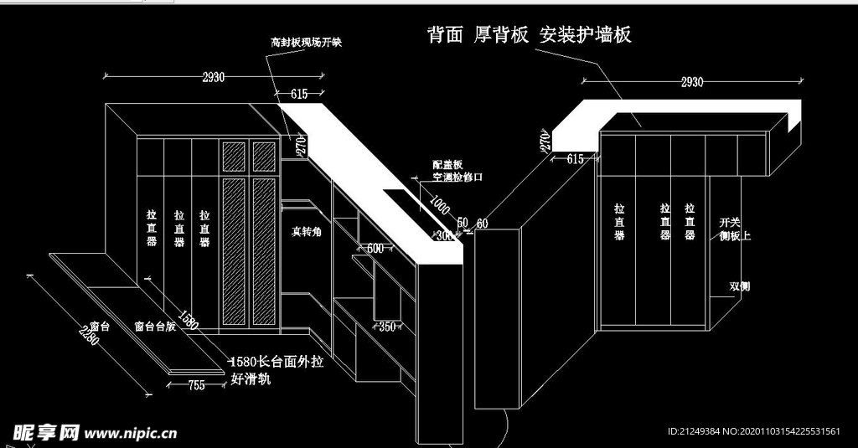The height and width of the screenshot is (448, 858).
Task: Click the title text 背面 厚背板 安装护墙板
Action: click(x=529, y=34)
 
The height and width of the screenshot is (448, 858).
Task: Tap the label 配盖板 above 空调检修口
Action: click(x=447, y=166)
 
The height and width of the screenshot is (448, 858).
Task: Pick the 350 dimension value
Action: click(x=386, y=326)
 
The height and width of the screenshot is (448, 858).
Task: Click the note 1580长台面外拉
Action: click(x=276, y=363)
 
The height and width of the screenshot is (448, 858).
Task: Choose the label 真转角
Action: click(x=306, y=230)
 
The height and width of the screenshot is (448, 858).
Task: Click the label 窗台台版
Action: click(x=155, y=327)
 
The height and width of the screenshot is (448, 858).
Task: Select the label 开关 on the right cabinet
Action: click(x=730, y=223)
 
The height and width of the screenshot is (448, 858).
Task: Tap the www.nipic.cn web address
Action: click(x=132, y=434)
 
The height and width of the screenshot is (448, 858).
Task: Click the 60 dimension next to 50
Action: click(x=482, y=223)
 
